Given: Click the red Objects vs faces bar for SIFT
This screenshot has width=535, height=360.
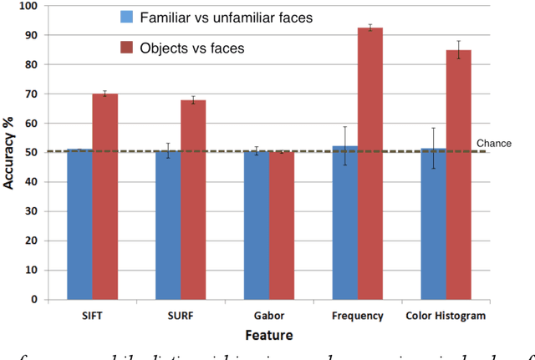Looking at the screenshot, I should point(104,196).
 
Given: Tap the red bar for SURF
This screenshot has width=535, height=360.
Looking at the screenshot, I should point(193,200).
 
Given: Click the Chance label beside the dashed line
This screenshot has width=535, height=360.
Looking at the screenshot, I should point(493,144).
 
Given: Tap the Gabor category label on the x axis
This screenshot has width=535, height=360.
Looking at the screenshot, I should point(268,316).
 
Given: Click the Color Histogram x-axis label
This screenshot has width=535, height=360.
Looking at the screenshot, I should point(446,316).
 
